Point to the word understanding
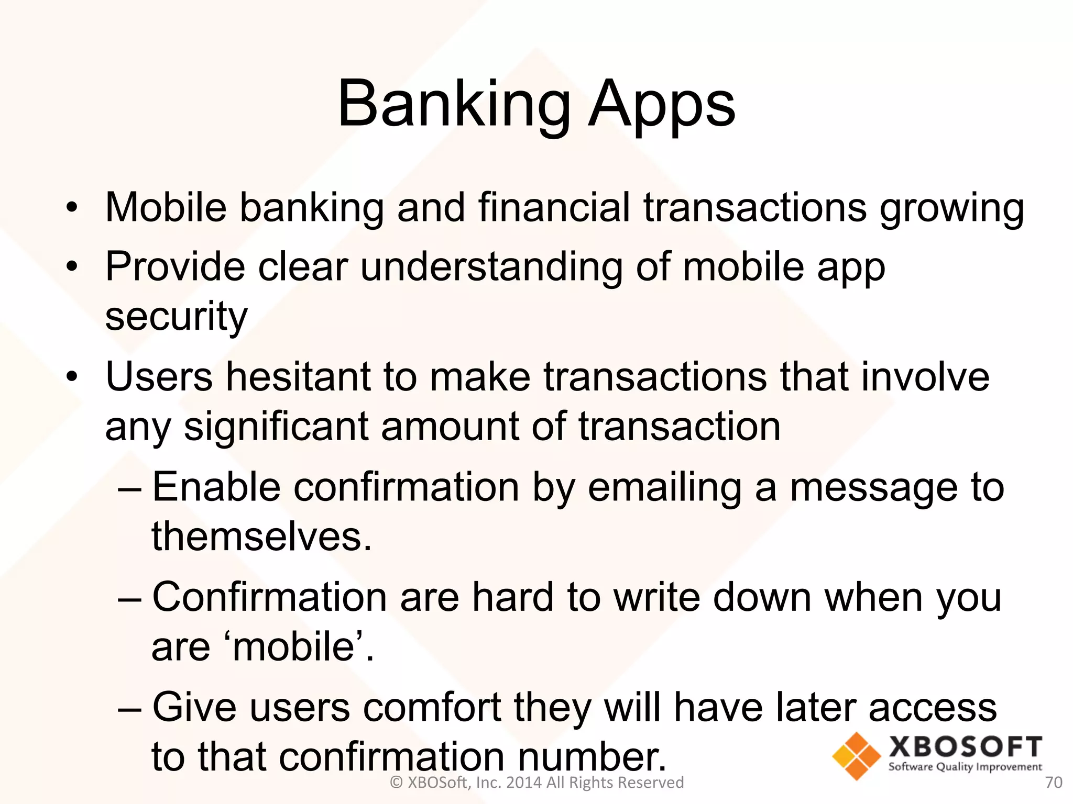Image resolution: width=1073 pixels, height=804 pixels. tap(491, 267)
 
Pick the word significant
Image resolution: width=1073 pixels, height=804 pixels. tap(276, 427)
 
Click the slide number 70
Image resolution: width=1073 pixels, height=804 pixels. tap(1053, 783)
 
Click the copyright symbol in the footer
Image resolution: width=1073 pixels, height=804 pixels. tap(397, 783)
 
